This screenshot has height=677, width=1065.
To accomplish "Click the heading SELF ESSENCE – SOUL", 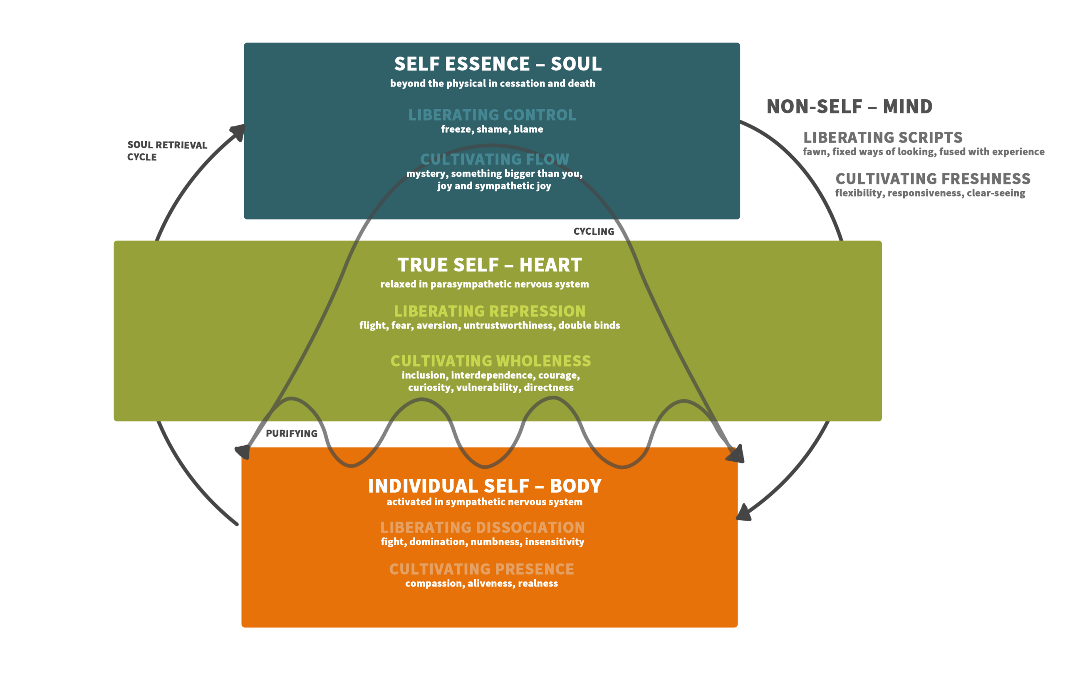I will [498, 64].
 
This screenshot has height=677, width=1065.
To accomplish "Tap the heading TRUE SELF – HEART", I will [490, 265].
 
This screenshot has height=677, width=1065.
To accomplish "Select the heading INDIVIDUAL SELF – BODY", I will [485, 486].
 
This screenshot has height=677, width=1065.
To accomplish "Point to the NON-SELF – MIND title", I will [849, 106].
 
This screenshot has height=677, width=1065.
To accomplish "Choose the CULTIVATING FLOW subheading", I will [495, 159].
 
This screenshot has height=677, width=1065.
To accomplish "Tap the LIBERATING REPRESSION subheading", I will [490, 311].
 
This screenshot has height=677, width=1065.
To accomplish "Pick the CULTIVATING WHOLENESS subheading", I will [490, 361].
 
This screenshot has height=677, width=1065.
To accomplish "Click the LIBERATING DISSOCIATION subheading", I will [483, 528].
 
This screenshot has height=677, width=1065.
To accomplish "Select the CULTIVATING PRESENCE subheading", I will [482, 569].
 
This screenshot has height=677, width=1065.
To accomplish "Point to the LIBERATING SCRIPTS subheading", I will [883, 138].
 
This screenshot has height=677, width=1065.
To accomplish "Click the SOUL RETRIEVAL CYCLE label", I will [167, 151].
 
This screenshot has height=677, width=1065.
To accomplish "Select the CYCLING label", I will [594, 231].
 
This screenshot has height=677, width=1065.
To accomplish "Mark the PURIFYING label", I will [292, 433].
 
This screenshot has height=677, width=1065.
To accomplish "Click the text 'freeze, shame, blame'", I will [492, 129].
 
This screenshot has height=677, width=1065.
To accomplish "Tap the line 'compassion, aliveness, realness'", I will [482, 583].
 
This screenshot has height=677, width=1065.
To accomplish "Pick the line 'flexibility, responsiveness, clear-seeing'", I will [930, 193].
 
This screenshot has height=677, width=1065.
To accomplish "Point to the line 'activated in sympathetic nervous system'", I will [484, 502].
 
